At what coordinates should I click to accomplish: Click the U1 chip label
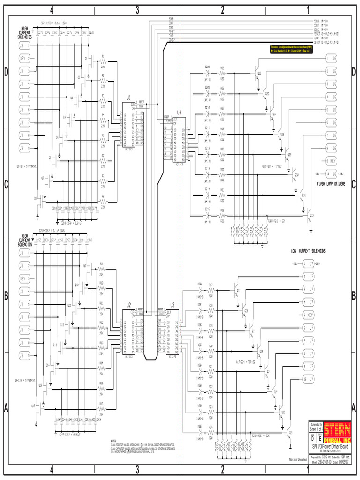128,98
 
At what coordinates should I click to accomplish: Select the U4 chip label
179,112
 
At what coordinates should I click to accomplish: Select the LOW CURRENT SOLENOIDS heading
308,251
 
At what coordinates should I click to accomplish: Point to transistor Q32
310,216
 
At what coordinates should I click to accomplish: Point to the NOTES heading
113,441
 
